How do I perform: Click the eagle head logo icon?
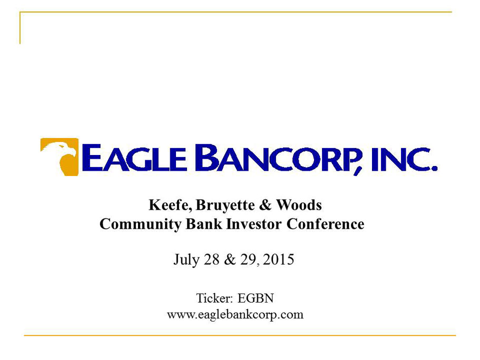pyautogui.click(x=60, y=157)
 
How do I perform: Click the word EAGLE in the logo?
pyautogui.click(x=134, y=158)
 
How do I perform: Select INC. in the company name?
pyautogui.click(x=404, y=159)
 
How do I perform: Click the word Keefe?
pyautogui.click(x=170, y=206)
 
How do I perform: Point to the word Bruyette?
pyautogui.click(x=225, y=206)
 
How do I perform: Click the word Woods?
pyautogui.click(x=299, y=205)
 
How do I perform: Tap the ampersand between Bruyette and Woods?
pyautogui.click(x=265, y=205)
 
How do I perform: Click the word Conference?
pyautogui.click(x=326, y=224)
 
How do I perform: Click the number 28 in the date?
pyautogui.click(x=211, y=259)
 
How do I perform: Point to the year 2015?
pyautogui.click(x=278, y=259)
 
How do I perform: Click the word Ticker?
pyautogui.click(x=214, y=298)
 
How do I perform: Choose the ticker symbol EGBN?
pyautogui.click(x=256, y=298)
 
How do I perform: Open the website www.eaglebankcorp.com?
pyautogui.click(x=235, y=315)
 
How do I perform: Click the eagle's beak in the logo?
pyautogui.click(x=72, y=152)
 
